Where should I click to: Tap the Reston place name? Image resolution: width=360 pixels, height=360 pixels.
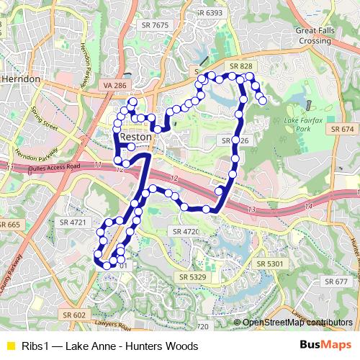pyautogui.click(x=135, y=137)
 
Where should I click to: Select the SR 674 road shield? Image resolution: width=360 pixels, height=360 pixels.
pyautogui.click(x=343, y=128)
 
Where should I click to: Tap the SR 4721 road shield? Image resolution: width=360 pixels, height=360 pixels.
pyautogui.click(x=73, y=222)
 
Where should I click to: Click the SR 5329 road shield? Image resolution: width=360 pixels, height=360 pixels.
pyautogui.click(x=192, y=276)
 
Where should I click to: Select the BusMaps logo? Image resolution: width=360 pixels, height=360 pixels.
pyautogui.click(x=325, y=345)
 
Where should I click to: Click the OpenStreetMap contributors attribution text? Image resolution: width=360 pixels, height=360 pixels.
pyautogui.click(x=297, y=323)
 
